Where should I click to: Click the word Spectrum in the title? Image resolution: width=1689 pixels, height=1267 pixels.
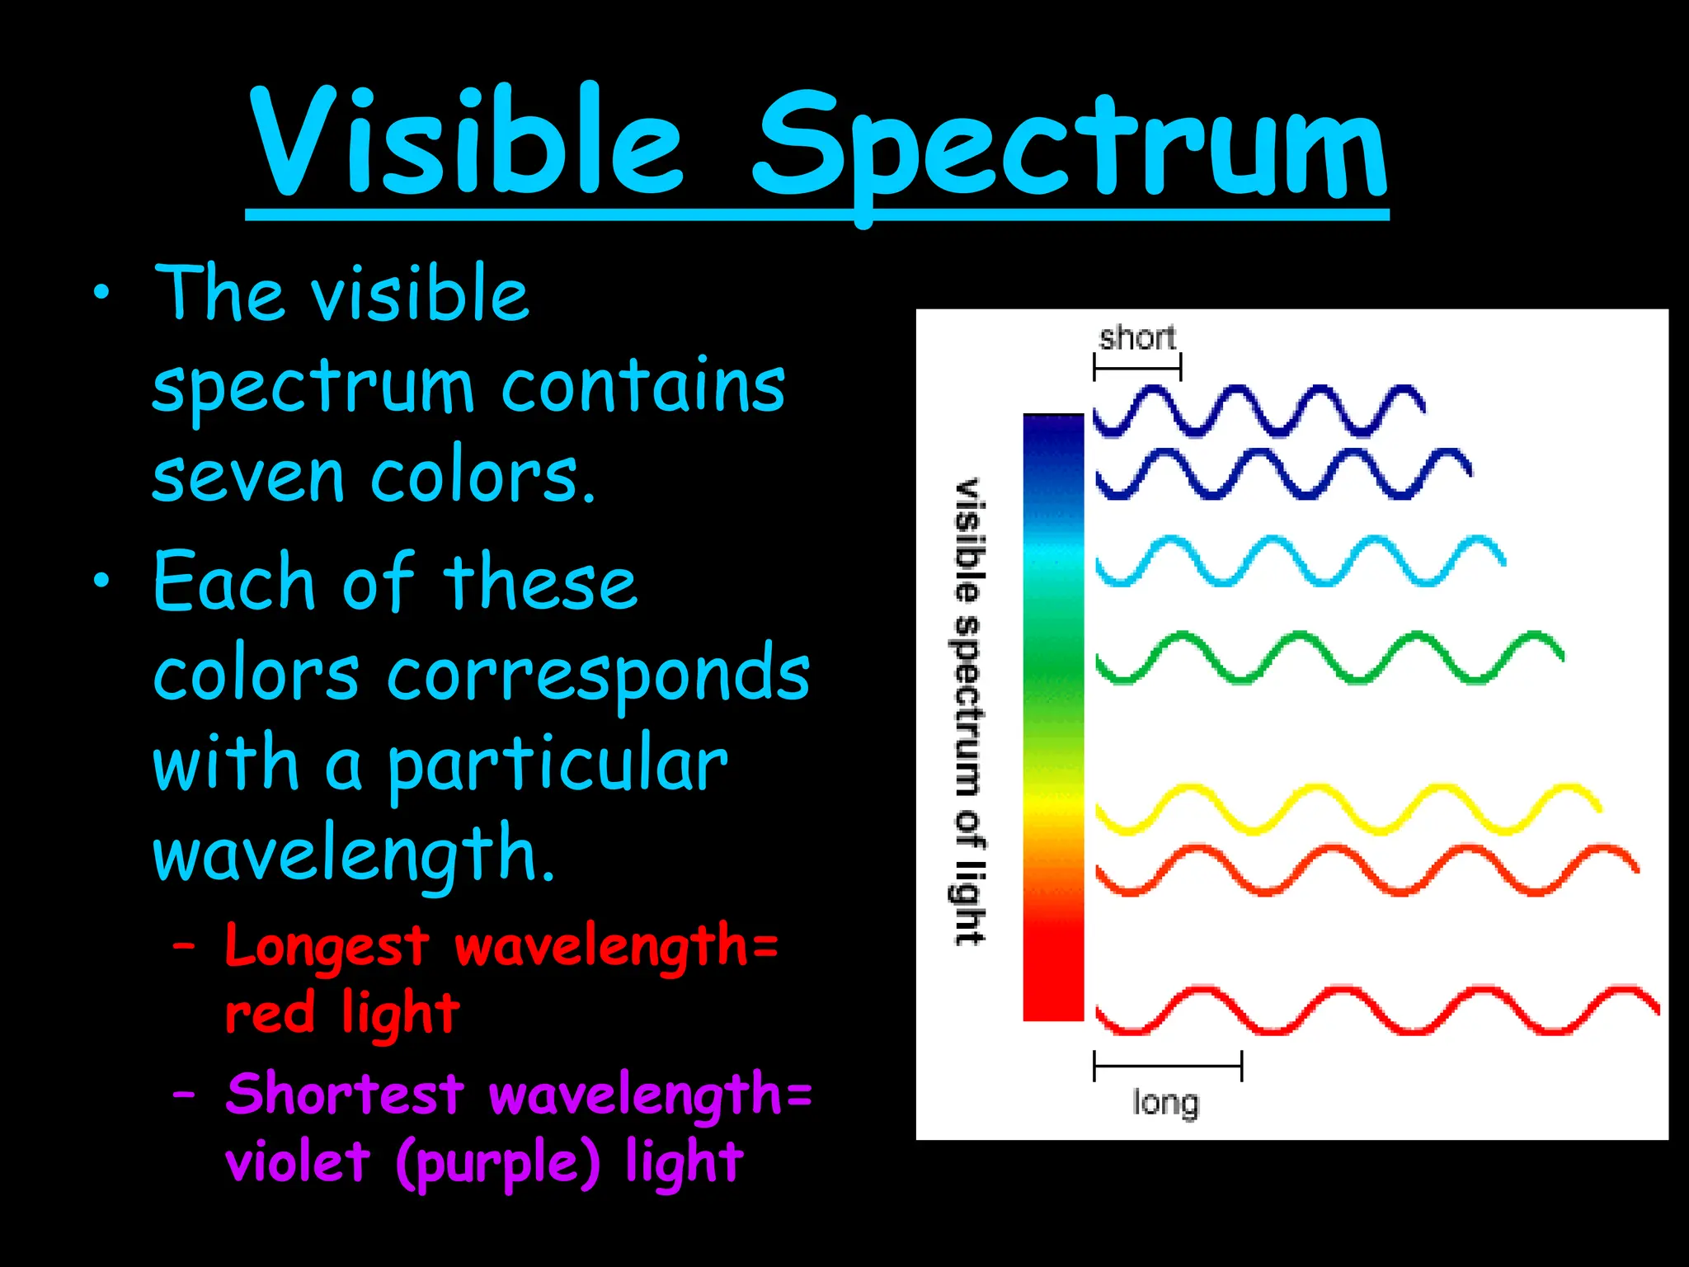pyautogui.click(x=1070, y=148)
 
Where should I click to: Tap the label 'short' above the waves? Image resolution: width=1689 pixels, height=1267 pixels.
pyautogui.click(x=1136, y=337)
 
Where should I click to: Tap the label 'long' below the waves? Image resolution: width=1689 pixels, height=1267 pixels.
pyautogui.click(x=1164, y=1103)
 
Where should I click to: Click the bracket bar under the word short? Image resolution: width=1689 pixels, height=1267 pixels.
pyautogui.click(x=1137, y=366)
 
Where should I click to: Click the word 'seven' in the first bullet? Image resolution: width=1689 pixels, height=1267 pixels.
pyautogui.click(x=247, y=477)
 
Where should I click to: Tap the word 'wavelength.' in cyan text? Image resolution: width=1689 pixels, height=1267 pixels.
pyautogui.click(x=353, y=855)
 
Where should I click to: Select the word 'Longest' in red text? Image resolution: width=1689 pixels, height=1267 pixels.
pyautogui.click(x=327, y=945)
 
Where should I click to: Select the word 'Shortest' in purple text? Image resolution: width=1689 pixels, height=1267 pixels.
pyautogui.click(x=344, y=1095)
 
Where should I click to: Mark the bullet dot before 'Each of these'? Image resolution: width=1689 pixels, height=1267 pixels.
pyautogui.click(x=101, y=581)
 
